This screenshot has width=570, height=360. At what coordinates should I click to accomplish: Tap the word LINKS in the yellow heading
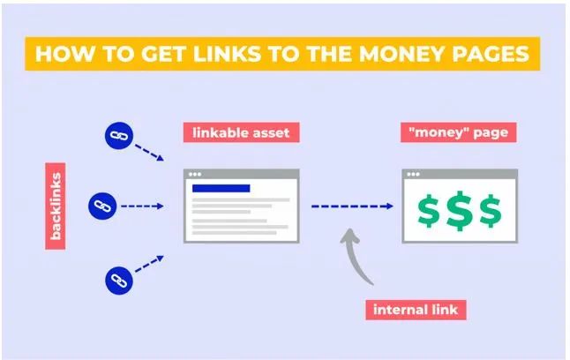227,54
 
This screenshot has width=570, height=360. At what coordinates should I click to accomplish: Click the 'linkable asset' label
242,132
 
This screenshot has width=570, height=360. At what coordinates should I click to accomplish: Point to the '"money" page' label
459,132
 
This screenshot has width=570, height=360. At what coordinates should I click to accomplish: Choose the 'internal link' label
416,310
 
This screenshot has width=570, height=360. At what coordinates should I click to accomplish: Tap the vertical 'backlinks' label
56,206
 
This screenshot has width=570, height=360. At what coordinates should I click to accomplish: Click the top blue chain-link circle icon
119,136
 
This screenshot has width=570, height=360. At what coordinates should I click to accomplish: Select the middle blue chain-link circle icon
102,206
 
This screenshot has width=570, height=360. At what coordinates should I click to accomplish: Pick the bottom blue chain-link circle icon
119,281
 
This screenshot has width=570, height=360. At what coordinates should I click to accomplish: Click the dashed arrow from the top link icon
149,153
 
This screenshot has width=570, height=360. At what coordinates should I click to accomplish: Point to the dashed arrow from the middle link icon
142,206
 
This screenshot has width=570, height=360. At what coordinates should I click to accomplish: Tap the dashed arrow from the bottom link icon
149,264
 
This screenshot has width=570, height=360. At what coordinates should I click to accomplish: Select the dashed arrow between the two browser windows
352,206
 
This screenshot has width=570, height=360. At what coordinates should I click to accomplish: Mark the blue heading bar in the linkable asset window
221,188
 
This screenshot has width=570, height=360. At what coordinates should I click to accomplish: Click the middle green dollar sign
460,211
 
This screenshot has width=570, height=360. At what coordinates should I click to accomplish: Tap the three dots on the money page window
413,174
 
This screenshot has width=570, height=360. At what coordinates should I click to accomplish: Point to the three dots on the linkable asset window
195,174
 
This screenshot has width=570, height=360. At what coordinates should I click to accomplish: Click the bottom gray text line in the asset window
234,233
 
